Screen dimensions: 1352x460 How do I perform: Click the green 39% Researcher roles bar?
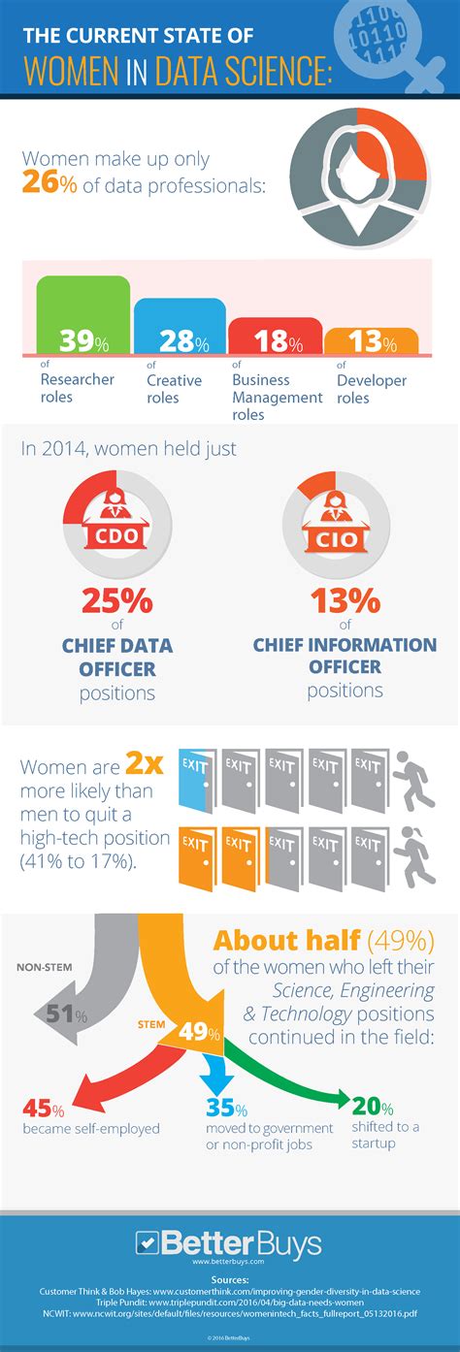(x=82, y=316)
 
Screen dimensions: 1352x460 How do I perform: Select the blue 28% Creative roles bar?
(x=180, y=327)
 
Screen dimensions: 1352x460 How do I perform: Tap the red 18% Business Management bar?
(x=275, y=337)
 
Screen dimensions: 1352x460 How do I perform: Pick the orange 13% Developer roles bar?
(x=371, y=341)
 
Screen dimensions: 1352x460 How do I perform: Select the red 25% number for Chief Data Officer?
(x=116, y=601)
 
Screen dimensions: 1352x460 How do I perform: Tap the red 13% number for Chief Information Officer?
(x=345, y=601)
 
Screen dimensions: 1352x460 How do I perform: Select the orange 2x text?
(x=145, y=765)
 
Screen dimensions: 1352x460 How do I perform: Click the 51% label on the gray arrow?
(x=67, y=1015)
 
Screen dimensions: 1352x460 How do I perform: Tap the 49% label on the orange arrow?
(x=198, y=1032)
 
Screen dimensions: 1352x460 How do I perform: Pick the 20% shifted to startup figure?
(x=373, y=1108)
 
